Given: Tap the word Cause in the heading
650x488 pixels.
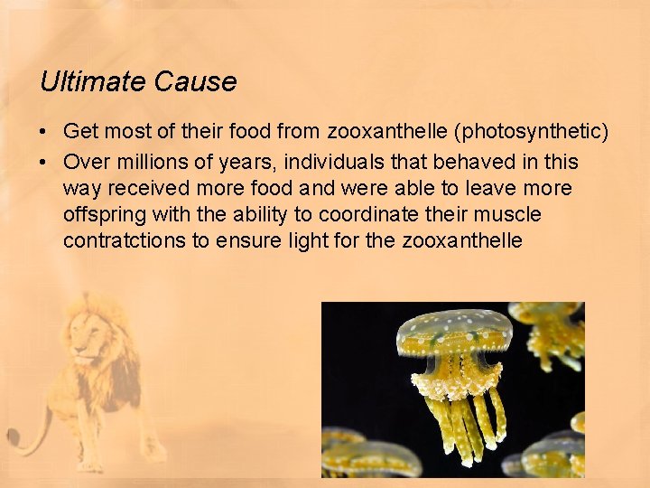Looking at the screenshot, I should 196,82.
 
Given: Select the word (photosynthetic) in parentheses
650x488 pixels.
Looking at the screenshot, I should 532,132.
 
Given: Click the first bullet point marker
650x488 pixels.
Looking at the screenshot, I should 44,133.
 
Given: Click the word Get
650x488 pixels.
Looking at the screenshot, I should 80,132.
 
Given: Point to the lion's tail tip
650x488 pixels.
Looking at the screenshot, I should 13,440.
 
